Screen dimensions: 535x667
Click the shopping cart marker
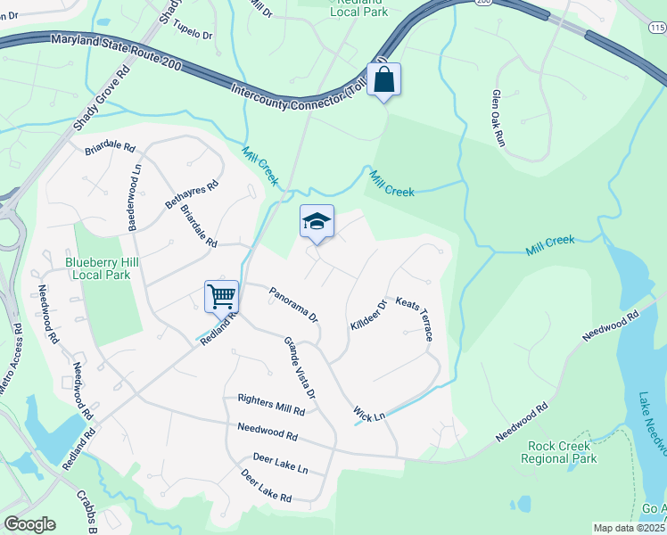(x=220, y=296)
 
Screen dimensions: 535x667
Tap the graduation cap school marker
(x=317, y=222)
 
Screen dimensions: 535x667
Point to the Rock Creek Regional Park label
(x=561, y=452)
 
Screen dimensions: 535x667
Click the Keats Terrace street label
(x=415, y=319)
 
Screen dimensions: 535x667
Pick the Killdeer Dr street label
(x=368, y=316)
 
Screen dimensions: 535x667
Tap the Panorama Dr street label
(x=293, y=303)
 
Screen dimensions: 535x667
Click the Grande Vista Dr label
(x=300, y=366)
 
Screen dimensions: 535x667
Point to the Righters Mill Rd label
(x=271, y=406)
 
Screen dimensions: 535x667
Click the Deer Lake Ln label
(x=280, y=464)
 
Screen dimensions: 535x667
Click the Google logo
(x=29, y=524)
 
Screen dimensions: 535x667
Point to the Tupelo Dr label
(x=192, y=32)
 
